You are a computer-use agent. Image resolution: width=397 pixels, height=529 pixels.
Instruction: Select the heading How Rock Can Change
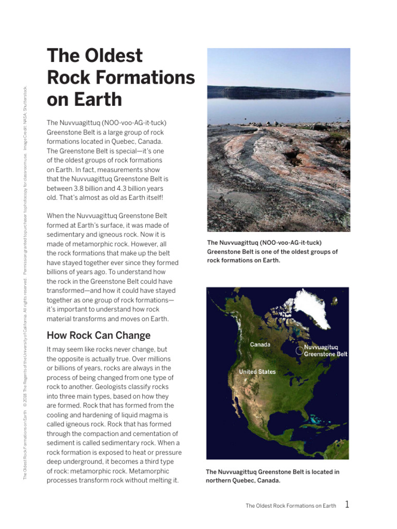pos(98,335)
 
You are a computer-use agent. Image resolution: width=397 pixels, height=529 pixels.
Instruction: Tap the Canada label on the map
pos(260,345)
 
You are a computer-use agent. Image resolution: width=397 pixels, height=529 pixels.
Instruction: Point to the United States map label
pos(257,372)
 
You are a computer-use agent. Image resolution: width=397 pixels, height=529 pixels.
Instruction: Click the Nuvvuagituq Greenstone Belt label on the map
pos(325,351)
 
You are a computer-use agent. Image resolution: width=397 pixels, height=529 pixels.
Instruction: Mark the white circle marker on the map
pos(298,350)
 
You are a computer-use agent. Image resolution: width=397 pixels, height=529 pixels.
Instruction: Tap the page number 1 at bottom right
pos(347,505)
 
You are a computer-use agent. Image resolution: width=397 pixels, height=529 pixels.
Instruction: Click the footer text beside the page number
pos(291,506)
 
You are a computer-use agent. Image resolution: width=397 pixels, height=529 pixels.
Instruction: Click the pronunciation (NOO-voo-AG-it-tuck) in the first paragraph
pos(134,122)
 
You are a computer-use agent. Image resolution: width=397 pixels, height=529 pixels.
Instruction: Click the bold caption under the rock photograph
pos(272,252)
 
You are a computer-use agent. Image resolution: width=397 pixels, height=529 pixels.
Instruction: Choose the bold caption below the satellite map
pos(272,476)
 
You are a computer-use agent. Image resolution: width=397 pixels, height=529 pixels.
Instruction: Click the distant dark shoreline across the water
pos(269,92)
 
